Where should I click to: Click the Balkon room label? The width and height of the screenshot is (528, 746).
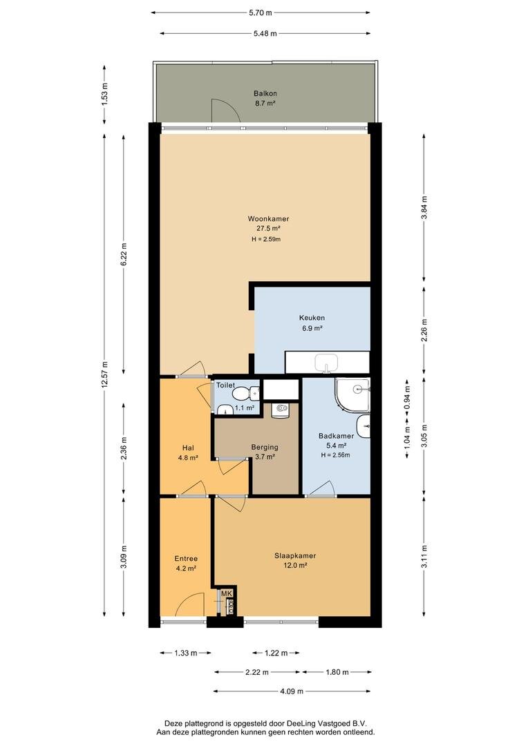[x=265, y=94]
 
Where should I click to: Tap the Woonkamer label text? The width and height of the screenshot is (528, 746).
[x=268, y=219]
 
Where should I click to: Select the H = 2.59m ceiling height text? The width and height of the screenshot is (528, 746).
[x=266, y=239]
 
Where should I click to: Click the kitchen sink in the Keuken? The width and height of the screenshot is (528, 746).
[x=326, y=363]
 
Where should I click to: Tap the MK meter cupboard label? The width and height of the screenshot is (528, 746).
[x=226, y=593]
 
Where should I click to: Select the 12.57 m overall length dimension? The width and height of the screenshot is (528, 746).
[x=104, y=375]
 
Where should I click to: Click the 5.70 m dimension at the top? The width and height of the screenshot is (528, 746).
[x=261, y=13]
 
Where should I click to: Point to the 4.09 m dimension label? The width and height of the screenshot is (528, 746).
[x=291, y=691]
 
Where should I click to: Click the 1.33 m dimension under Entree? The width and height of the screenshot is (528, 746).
[x=186, y=653]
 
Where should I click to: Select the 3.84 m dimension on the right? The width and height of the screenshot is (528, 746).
[x=424, y=207]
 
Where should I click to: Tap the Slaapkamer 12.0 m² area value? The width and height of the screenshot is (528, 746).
[x=295, y=565]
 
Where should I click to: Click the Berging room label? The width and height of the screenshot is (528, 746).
[x=265, y=447]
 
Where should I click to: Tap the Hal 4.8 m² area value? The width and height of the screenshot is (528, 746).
[x=188, y=458]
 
